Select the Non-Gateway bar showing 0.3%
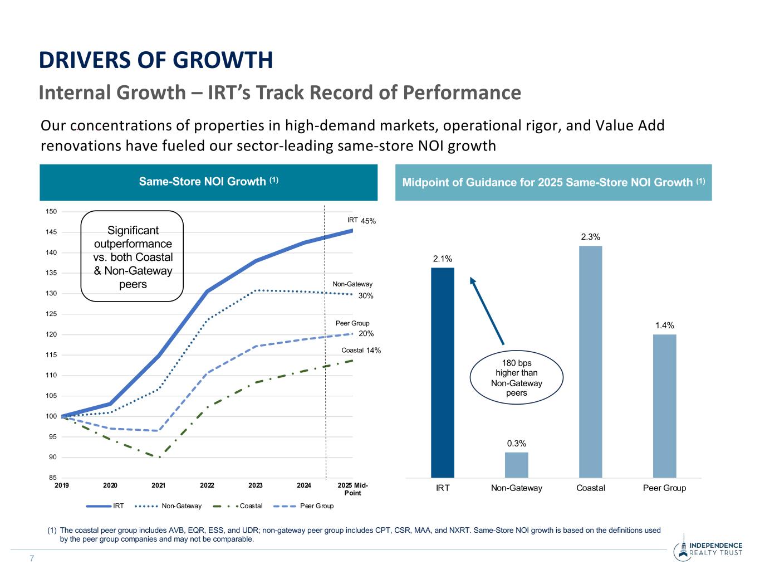[x=516, y=465]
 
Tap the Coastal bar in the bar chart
[x=590, y=362]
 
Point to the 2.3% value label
[x=590, y=237]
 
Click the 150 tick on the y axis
[x=51, y=212]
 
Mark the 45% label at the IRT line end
[x=368, y=221]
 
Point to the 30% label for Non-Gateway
[x=366, y=296]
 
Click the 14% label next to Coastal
[x=373, y=351]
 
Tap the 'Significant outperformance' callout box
[x=133, y=257]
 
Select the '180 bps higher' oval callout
[x=516, y=378]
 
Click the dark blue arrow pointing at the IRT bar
[x=487, y=310]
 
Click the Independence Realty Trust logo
[x=708, y=549]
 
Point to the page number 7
[x=32, y=559]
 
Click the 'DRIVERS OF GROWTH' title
[x=156, y=60]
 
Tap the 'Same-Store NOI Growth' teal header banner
[x=208, y=182]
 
